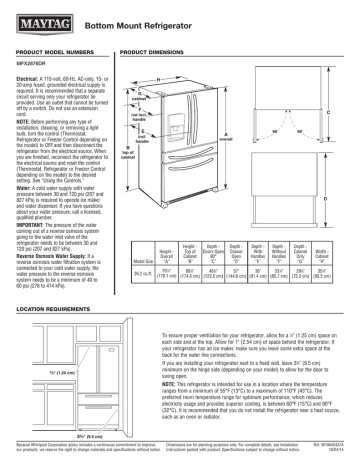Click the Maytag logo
tap(36, 18)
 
